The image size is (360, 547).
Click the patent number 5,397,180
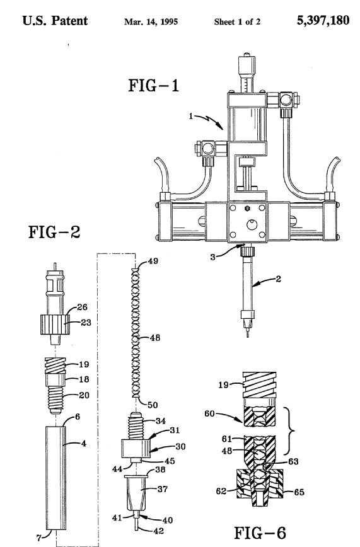pos(323,20)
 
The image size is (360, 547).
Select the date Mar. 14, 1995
pos(151,21)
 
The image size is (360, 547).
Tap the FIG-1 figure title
pos(154,86)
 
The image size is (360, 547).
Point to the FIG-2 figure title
pos(54,232)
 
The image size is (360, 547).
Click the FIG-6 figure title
pos(260,533)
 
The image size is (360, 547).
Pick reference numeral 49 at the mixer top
pos(153,261)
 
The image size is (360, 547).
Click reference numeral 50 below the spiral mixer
pos(153,405)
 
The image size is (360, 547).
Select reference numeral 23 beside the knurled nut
pos(86,323)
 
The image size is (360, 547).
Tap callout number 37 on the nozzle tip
pos(163,489)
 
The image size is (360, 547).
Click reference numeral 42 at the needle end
pos(158,531)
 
